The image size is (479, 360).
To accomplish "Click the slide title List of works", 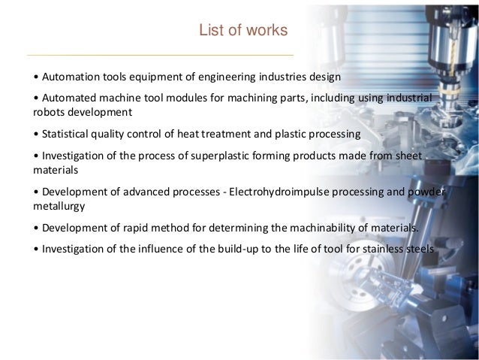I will point(242,31).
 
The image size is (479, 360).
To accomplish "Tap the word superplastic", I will point(203,155).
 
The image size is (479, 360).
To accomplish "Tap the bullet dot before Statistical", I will point(37,135).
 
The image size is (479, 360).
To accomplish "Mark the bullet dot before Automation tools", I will point(37,77).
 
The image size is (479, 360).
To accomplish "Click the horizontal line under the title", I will point(160,56).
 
